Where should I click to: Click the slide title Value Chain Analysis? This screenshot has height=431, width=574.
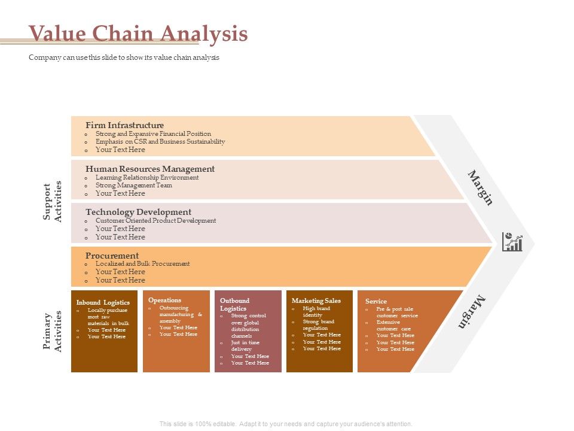[138, 34]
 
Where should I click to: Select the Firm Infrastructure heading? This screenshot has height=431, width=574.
[124, 125]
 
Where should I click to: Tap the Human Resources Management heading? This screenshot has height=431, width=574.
[149, 169]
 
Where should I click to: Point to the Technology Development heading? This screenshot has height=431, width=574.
[138, 212]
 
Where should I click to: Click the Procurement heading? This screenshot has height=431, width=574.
[112, 255]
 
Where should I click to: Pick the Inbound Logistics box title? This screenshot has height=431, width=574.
[103, 302]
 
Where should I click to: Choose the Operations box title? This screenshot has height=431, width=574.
[164, 300]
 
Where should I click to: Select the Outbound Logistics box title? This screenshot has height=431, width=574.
[234, 304]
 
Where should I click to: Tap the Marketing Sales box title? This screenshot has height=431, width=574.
[316, 301]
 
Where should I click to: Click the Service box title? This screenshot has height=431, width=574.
[376, 301]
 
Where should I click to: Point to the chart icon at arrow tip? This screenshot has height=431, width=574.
[512, 242]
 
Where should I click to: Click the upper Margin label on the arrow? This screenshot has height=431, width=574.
[480, 187]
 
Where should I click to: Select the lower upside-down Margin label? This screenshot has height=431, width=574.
[472, 312]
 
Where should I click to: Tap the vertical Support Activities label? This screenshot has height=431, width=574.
[53, 201]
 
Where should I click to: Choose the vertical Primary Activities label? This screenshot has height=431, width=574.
[53, 331]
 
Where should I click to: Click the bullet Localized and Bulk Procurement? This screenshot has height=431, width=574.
[142, 263]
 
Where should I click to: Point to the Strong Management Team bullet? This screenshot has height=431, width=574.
[133, 185]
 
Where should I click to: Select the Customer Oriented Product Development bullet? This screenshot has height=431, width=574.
[155, 220]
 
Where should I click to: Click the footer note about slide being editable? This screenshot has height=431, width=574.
[286, 424]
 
